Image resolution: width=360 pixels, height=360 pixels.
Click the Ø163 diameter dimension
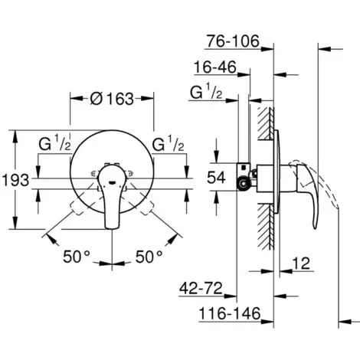point(112,99)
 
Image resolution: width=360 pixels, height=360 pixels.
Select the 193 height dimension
point(16,180)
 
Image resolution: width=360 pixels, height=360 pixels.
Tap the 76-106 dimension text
point(233,41)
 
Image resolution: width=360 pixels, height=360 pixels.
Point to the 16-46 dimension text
point(215,67)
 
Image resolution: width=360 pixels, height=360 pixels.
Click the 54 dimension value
point(216,178)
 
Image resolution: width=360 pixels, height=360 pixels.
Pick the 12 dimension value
point(301,263)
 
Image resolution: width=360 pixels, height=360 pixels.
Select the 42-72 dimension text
point(201,289)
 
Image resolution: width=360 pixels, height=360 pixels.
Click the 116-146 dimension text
point(230,313)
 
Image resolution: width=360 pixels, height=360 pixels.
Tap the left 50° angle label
point(77,257)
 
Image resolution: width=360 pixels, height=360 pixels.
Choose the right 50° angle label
point(149,257)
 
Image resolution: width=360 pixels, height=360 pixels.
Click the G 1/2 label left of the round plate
point(54,144)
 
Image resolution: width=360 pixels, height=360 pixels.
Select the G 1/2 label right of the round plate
point(168,144)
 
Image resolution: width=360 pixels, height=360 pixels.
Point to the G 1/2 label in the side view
point(206,93)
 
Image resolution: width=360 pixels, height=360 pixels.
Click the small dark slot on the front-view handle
point(112,182)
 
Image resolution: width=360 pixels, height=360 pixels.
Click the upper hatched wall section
point(266,123)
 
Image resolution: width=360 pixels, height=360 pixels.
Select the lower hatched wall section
point(266,227)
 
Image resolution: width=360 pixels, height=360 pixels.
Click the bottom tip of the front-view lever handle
point(113,228)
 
